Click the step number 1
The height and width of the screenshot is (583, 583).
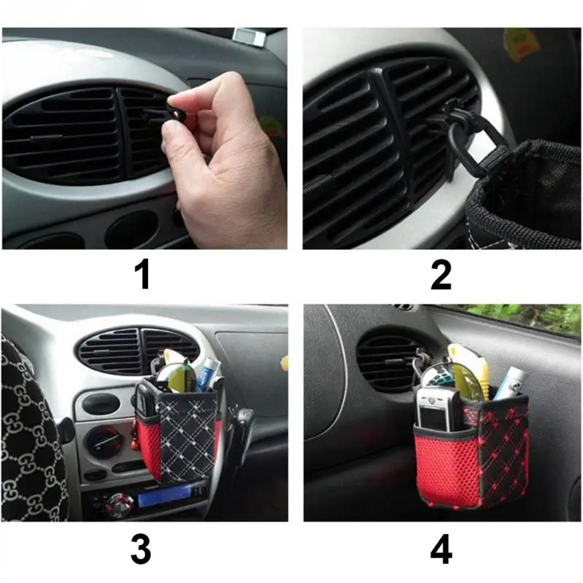pyautogui.click(x=142, y=275)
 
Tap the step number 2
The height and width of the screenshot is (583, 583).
pyautogui.click(x=441, y=275)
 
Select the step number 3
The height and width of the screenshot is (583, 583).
pyautogui.click(x=141, y=549)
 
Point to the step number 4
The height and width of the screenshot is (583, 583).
pyautogui.click(x=442, y=549)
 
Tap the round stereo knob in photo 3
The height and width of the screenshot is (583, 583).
pyautogui.click(x=120, y=504)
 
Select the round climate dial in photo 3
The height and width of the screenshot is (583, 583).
pyautogui.click(x=104, y=443)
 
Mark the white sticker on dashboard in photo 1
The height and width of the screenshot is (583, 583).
pyautogui.click(x=250, y=36)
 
